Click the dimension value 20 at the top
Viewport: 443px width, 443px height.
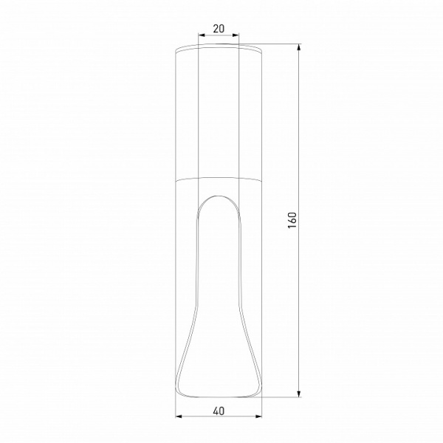coord(219,29)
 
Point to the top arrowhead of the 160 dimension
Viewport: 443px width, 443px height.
coord(300,48)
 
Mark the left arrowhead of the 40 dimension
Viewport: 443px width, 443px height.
coord(179,419)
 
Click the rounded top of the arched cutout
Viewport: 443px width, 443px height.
coord(219,196)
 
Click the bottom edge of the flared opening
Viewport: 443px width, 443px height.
coord(219,393)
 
